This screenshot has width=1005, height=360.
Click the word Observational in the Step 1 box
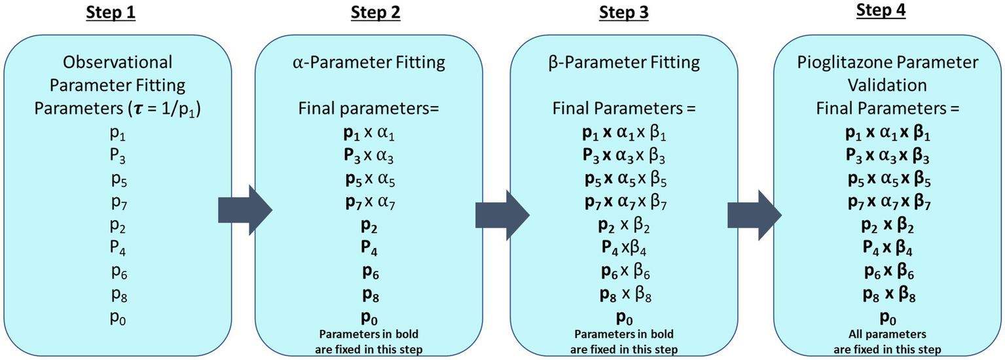click(x=117, y=62)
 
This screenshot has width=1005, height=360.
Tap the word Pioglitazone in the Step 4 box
click(x=854, y=62)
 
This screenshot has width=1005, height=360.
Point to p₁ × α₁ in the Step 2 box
click(x=365, y=134)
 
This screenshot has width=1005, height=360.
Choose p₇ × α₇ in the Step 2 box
click(x=365, y=202)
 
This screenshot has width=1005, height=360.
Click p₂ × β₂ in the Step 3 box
click(x=622, y=226)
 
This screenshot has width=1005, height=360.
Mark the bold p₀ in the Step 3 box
click(x=622, y=318)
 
